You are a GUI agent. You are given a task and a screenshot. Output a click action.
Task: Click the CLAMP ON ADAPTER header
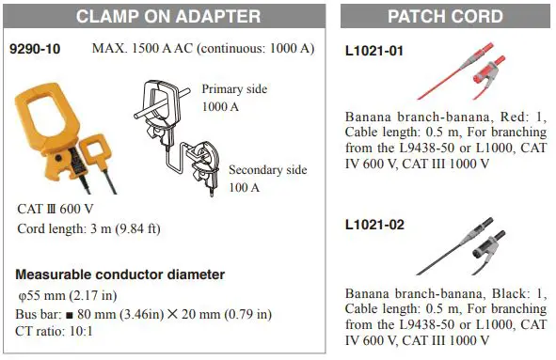[x=168, y=16]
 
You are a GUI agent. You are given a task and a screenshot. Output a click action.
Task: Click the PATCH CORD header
[x=446, y=16]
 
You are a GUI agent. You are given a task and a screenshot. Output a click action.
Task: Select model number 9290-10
[x=36, y=48]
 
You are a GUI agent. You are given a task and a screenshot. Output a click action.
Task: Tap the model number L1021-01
[x=374, y=51]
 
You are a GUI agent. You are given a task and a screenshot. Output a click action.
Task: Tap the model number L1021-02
[x=374, y=226]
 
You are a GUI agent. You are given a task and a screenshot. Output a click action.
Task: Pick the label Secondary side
[x=268, y=170]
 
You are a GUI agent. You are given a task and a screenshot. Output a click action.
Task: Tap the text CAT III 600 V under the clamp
[x=56, y=209]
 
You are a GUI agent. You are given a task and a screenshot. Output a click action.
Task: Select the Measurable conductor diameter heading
[x=120, y=274]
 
